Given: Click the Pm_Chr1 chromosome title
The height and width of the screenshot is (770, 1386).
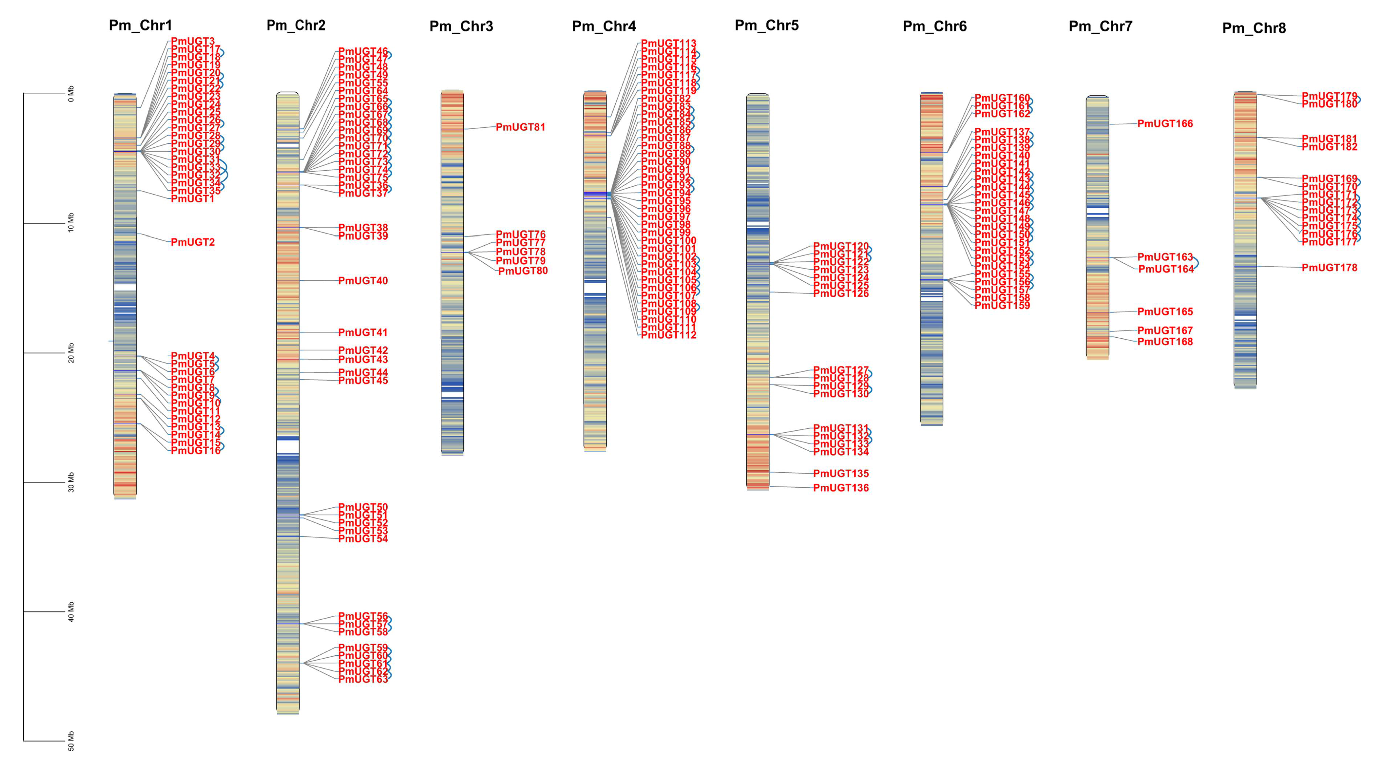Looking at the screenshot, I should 140,25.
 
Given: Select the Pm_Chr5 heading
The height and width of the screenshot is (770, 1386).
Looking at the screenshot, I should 767,25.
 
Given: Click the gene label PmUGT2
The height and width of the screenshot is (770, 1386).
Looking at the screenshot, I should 193,242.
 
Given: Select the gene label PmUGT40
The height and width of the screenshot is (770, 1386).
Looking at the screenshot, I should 363,281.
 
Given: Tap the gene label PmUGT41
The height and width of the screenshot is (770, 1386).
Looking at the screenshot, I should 363,332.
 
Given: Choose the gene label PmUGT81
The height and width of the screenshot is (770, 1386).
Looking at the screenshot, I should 520,127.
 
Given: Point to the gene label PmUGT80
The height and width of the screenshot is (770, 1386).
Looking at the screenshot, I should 523,271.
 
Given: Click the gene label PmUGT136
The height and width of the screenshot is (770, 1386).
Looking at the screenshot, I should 840,488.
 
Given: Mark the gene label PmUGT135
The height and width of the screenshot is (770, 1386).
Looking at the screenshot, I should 840,474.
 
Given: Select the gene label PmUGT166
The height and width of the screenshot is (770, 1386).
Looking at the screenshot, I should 1165,124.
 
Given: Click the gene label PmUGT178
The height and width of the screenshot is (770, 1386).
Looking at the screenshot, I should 1329,267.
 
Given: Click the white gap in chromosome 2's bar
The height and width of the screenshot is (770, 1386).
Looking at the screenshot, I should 288,447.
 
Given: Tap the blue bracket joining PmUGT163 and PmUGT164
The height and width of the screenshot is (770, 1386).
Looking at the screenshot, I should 1197,263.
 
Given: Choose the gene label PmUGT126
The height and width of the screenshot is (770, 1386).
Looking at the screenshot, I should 840,293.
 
